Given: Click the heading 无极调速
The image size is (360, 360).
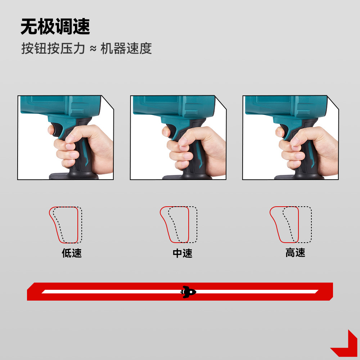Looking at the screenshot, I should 55,27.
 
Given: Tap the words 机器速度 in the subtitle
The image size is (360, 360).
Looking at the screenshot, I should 126,48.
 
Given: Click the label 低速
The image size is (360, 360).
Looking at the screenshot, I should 72,253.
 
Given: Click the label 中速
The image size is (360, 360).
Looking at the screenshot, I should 183,253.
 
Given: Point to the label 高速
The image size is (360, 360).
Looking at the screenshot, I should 295,253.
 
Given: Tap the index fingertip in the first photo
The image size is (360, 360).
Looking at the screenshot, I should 51,130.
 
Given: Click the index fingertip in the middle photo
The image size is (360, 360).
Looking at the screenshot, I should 165,132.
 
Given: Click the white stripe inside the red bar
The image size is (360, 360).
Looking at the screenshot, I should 108,291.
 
